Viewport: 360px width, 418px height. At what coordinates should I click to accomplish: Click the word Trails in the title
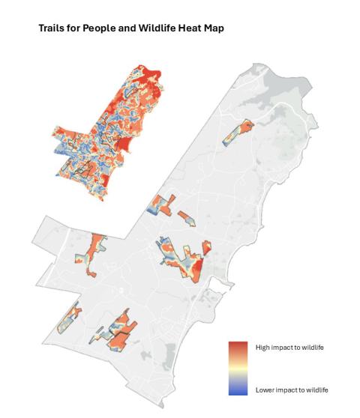click(51, 28)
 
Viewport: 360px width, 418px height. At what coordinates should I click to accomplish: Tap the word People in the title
click(93, 28)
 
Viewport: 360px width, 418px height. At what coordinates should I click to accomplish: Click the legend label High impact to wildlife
click(289, 347)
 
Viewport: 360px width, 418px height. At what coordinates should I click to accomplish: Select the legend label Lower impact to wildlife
click(292, 390)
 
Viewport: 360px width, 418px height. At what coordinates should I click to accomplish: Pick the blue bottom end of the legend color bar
click(238, 391)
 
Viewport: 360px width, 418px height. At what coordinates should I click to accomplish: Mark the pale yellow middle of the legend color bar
click(238, 369)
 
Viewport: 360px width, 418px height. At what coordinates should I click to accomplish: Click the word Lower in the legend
click(265, 390)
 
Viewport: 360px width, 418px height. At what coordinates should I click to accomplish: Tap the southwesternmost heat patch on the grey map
click(70, 318)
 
